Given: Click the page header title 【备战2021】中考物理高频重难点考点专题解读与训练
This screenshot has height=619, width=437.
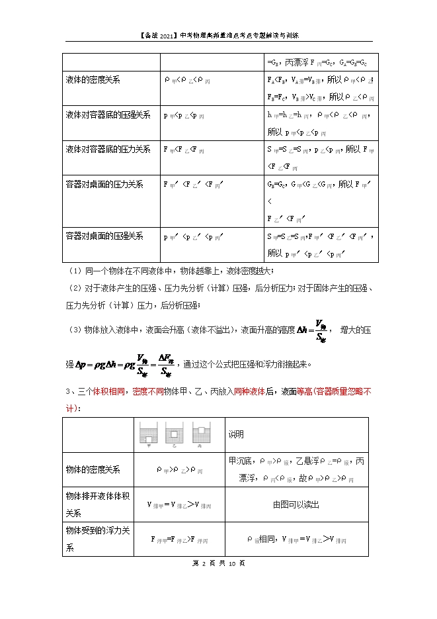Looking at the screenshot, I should tap(219, 35).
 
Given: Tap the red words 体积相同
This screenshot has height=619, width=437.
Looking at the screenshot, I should tap(100, 392).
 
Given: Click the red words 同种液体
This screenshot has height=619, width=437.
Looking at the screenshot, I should tap(253, 392).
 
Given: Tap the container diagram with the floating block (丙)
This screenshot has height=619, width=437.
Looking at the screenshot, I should tap(196, 433).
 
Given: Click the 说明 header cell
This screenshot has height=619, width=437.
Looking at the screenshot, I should tap(236, 434).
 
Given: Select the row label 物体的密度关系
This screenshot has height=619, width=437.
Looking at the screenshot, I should tap(93, 469).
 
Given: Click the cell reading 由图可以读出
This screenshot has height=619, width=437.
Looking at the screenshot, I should tap(296, 504).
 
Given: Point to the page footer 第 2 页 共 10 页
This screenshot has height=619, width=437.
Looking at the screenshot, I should tap(218, 563).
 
